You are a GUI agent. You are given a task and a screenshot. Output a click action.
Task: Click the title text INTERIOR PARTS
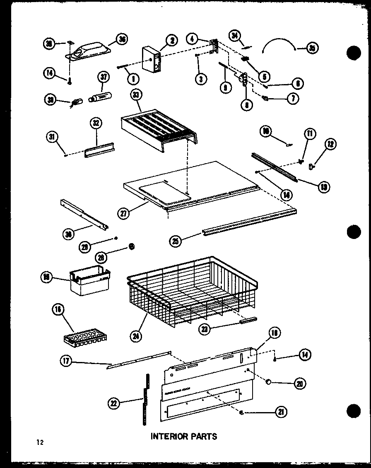pyautogui.click(x=183, y=436)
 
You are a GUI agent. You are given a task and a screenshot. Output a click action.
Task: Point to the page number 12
pyautogui.click(x=40, y=442)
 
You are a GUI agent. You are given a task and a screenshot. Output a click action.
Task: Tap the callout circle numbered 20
pyautogui.click(x=299, y=384)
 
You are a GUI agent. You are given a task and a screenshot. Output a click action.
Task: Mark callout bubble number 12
pyautogui.click(x=330, y=144)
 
